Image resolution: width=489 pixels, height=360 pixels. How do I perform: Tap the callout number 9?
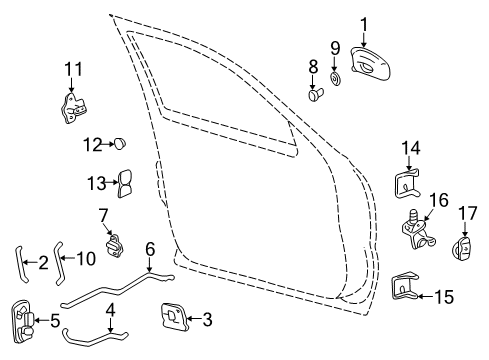coord(335,47)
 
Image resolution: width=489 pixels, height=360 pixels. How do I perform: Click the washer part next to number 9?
coord(335,77)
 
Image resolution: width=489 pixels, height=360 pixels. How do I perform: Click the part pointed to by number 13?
coord(128,185)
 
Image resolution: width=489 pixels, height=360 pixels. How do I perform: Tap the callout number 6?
coord(149,250)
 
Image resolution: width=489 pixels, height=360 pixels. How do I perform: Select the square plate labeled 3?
coord(169,319)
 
